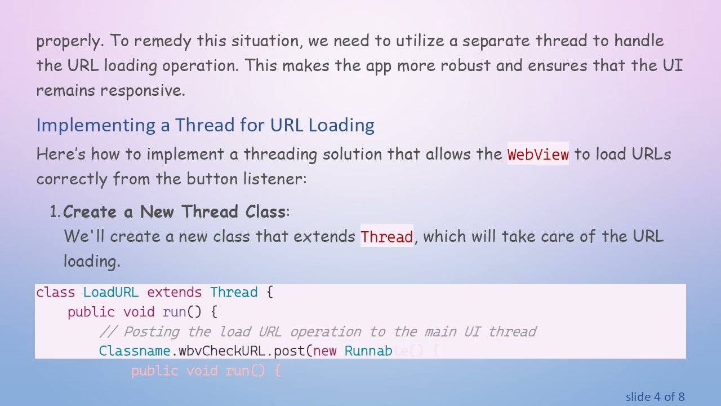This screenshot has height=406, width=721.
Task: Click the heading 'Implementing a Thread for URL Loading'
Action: coord(205,125)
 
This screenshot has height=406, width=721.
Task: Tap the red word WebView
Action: coord(538,155)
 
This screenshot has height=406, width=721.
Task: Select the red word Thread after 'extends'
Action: coord(387,237)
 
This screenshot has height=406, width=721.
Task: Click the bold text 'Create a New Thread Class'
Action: coord(174,212)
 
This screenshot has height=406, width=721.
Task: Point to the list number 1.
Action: coord(55,212)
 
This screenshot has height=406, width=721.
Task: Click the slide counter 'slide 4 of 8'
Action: coord(655,397)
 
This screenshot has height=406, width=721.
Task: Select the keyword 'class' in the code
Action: coord(55,293)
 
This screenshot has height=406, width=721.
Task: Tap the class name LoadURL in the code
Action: coord(110,293)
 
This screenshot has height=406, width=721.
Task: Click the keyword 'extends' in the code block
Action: coord(174,293)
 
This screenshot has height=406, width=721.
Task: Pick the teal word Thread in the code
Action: coord(234,293)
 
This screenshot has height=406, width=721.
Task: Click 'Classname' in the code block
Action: coord(135,351)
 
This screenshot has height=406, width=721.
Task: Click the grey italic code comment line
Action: coord(318,332)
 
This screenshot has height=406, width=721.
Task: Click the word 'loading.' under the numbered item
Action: coord(92,261)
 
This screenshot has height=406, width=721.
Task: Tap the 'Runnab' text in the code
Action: coord(368,351)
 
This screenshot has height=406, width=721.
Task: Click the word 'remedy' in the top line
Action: coord(163,41)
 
